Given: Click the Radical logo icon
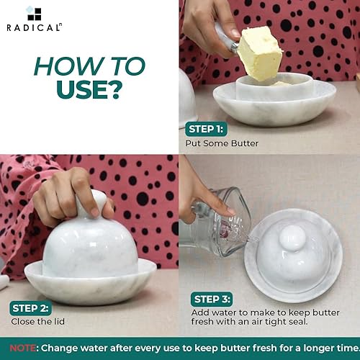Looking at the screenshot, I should tap(33, 13).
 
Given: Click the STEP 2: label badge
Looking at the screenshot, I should tap(30, 307).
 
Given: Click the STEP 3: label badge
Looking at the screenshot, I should tap(214, 299).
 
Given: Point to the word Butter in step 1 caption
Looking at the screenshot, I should tap(246, 143).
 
